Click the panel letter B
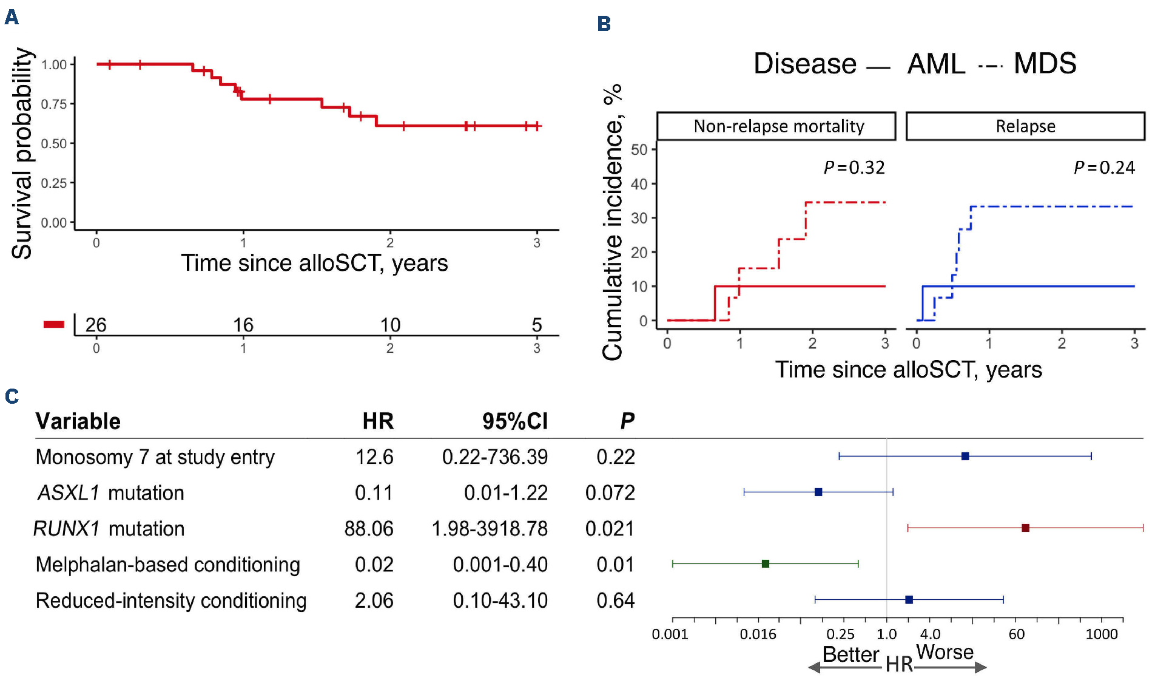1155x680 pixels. click(x=604, y=24)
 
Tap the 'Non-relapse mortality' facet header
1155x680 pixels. click(x=778, y=126)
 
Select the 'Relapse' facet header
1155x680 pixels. click(x=1025, y=126)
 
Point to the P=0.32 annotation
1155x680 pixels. click(x=854, y=168)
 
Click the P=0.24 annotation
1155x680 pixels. click(x=1104, y=168)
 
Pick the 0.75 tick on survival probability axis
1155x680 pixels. click(x=54, y=104)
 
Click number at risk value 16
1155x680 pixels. click(x=243, y=325)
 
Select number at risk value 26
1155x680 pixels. click(x=96, y=325)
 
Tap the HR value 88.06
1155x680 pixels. click(x=369, y=528)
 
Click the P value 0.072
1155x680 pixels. click(x=610, y=492)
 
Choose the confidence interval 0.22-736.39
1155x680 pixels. click(x=494, y=457)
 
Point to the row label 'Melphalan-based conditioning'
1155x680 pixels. click(x=168, y=565)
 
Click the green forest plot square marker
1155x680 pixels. click(x=766, y=564)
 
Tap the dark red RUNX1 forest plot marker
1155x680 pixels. click(x=1025, y=528)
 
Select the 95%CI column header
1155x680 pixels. click(x=514, y=421)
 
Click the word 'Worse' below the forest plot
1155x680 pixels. click(x=945, y=652)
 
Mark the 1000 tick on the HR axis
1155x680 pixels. click(x=1102, y=634)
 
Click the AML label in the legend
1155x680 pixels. click(x=936, y=64)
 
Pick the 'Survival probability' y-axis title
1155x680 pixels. click(x=22, y=153)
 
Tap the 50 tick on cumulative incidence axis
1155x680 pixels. click(x=639, y=149)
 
